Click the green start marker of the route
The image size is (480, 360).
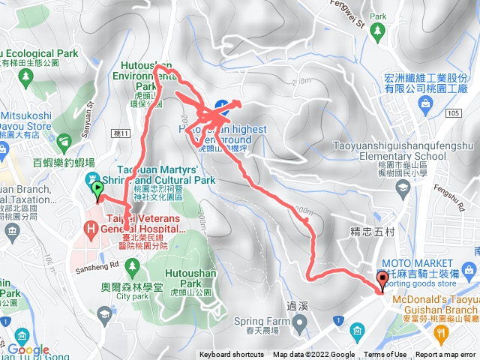(97, 187)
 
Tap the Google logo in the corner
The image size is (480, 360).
(28, 349)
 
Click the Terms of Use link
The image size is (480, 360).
(385, 355)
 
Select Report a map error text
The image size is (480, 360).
(446, 355)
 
